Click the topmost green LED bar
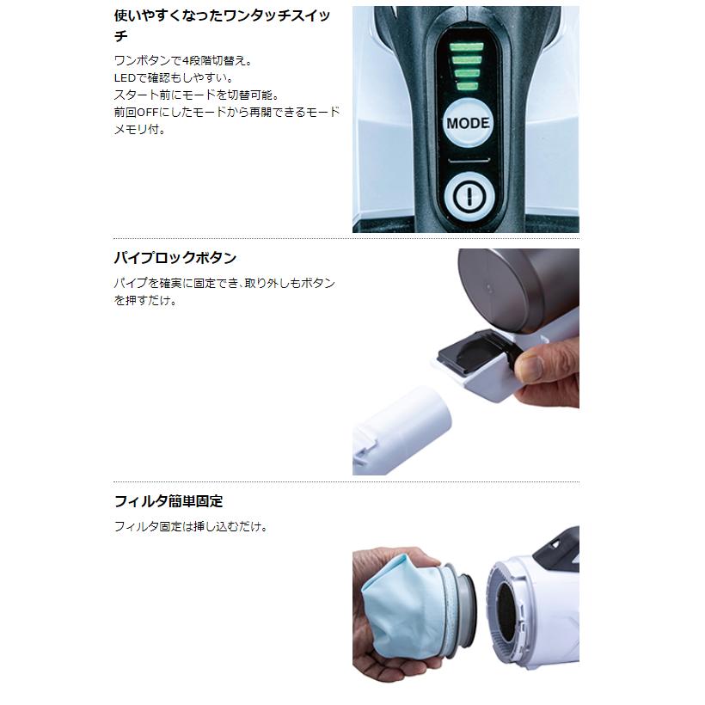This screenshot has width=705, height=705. tap(466, 45)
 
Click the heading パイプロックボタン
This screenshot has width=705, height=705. tap(175, 258)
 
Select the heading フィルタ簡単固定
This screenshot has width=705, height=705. tap(169, 501)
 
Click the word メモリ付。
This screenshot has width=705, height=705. tap(139, 130)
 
